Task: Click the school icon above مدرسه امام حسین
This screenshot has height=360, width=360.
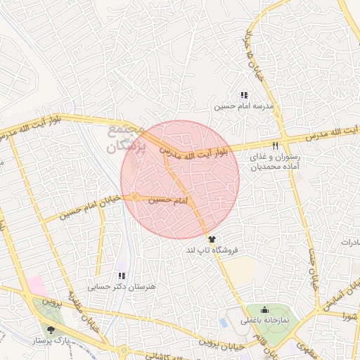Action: (244, 95)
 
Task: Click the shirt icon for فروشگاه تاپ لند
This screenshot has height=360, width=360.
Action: (212, 240)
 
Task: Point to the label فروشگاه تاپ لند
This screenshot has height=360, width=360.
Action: (212, 250)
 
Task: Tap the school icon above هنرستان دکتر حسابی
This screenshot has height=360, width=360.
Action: (121, 276)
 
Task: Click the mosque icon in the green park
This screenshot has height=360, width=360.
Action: (264, 309)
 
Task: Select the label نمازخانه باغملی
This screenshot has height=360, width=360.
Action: (270, 320)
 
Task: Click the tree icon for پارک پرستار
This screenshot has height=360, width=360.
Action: (50, 329)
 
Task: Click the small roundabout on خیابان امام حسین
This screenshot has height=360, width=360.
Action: (134, 198)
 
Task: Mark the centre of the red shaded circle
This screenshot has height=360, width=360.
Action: (180, 180)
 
